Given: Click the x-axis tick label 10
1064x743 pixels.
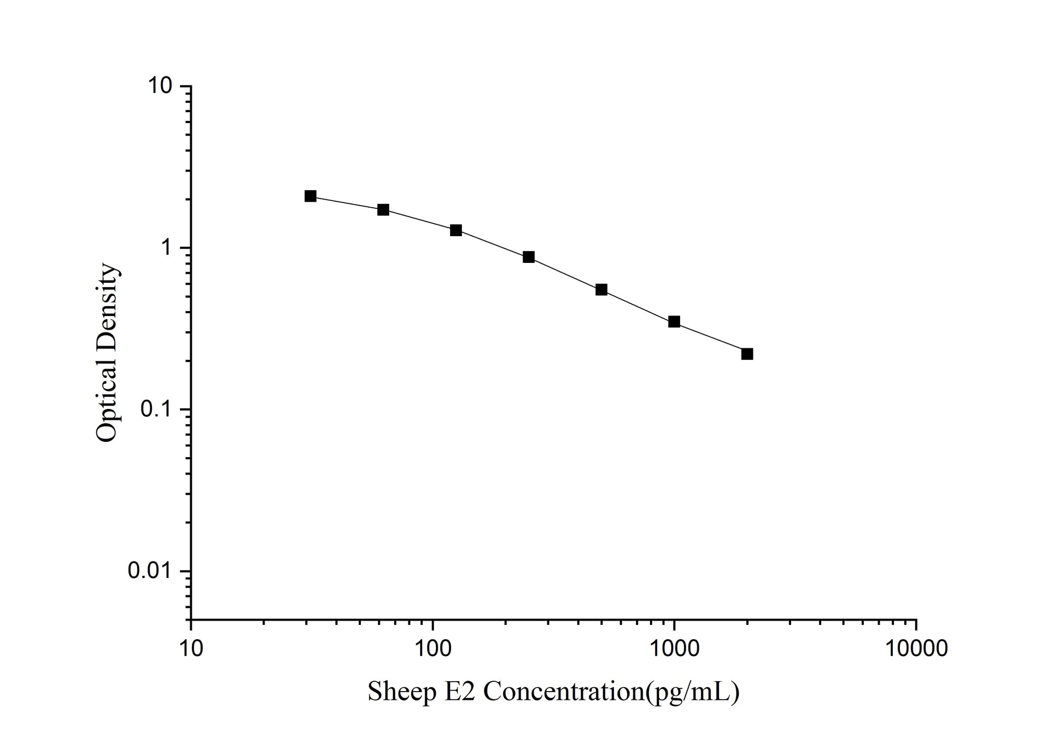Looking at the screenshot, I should pyautogui.click(x=191, y=648).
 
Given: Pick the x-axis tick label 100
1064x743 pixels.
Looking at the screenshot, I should pyautogui.click(x=432, y=648).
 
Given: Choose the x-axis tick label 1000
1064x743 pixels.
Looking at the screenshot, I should pyautogui.click(x=674, y=648).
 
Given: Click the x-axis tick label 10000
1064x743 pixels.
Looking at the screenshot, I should pyautogui.click(x=916, y=648).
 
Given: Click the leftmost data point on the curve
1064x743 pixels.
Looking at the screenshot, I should pyautogui.click(x=311, y=196).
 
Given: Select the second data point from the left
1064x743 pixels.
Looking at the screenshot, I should pyautogui.click(x=383, y=210).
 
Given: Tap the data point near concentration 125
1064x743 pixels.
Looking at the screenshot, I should pyautogui.click(x=456, y=230).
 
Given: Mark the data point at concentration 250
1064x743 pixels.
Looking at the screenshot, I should pyautogui.click(x=529, y=257).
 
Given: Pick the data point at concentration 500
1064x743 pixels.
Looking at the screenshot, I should pyautogui.click(x=601, y=290).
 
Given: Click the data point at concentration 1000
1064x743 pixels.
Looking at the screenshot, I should pyautogui.click(x=674, y=322).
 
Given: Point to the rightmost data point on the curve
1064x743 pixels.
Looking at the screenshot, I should pyautogui.click(x=747, y=354).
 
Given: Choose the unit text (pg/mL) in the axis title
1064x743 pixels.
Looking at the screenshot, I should pyautogui.click(x=693, y=692).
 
